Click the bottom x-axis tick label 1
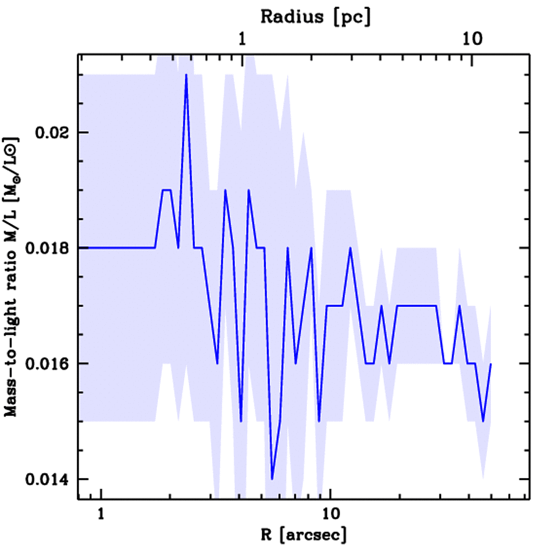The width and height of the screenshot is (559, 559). click(x=100, y=515)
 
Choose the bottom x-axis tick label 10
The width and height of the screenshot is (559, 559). click(x=329, y=515)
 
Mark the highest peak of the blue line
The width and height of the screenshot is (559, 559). click(x=186, y=75)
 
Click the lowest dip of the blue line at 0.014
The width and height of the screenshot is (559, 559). click(x=272, y=479)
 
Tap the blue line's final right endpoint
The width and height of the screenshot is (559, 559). click(x=491, y=364)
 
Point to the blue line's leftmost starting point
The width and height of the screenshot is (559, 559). click(x=80, y=248)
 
